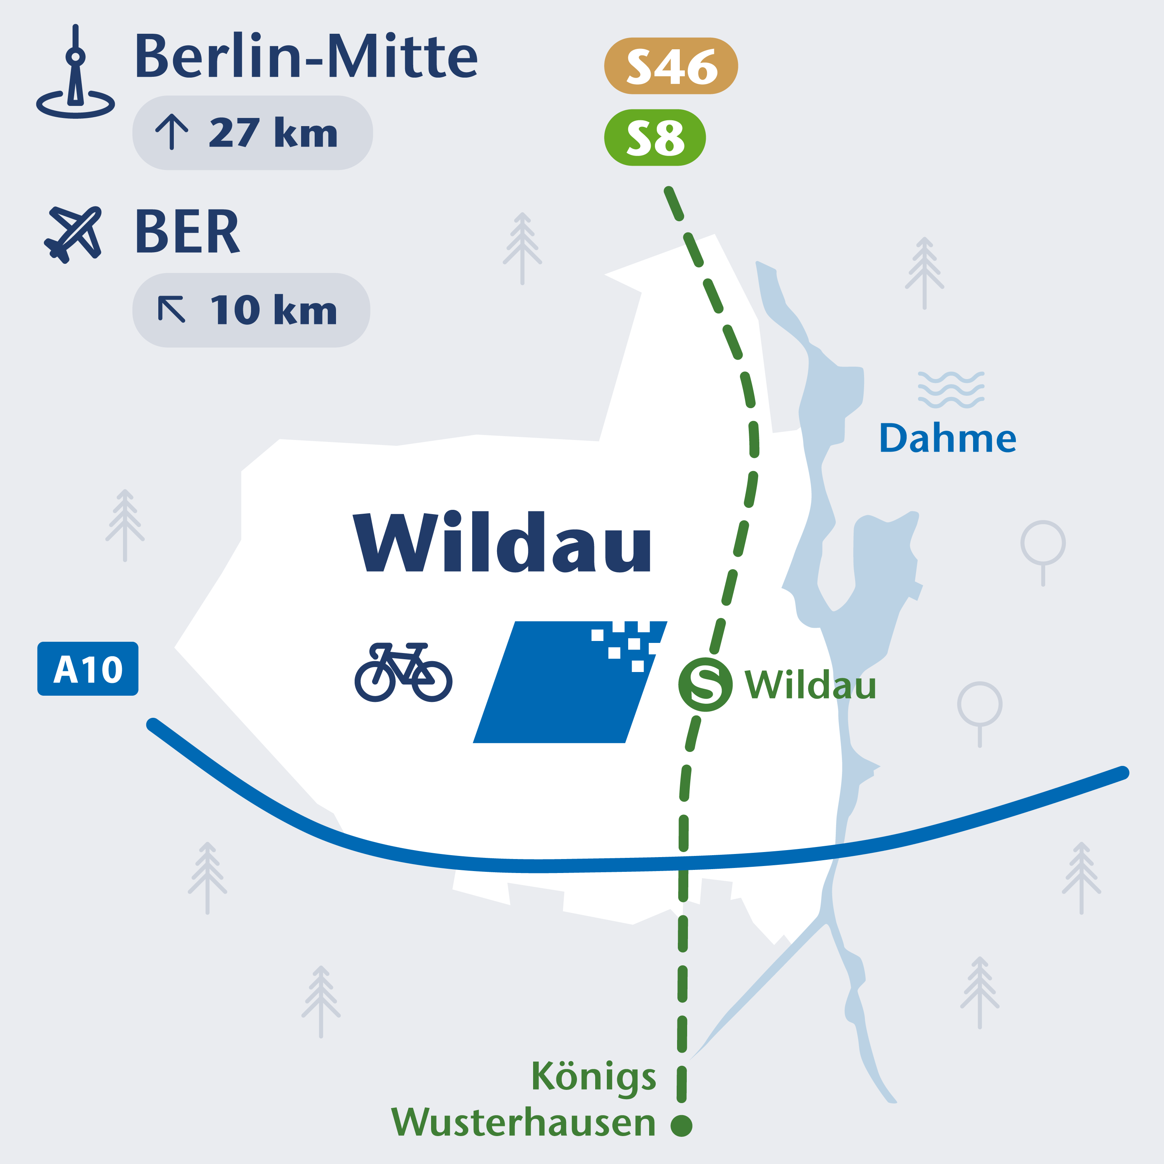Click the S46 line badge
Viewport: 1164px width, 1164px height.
coord(670,66)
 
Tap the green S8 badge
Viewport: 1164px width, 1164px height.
coord(655,137)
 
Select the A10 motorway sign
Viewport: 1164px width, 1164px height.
coord(88,669)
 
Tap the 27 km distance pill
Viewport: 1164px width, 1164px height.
coord(253,133)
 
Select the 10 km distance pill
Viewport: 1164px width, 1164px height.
coord(251,310)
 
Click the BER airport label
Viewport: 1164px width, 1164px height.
coord(187,232)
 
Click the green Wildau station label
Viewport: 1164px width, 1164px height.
coord(811,685)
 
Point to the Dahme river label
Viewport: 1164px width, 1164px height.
coord(947,438)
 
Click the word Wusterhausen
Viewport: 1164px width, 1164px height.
coord(523,1122)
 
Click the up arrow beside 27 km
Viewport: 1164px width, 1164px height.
coord(172,132)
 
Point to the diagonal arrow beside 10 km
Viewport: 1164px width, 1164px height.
coord(172,309)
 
